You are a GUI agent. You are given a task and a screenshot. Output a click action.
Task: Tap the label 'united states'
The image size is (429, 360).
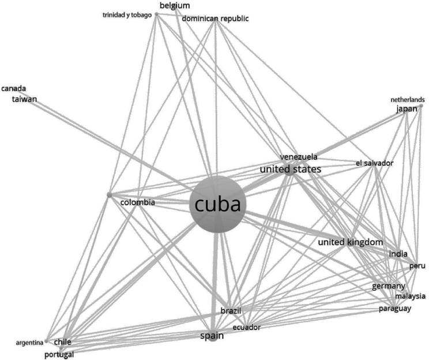(x=290, y=169)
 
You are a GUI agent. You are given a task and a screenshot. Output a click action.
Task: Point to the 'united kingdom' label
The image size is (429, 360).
(x=351, y=242)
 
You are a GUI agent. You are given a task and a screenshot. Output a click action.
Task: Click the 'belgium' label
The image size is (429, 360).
(x=175, y=6)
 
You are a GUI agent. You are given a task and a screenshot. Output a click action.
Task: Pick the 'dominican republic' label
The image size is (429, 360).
(x=215, y=19)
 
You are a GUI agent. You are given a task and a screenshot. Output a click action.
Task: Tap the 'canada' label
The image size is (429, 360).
(x=14, y=89)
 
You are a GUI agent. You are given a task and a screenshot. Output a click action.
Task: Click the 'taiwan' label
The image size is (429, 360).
(x=25, y=99)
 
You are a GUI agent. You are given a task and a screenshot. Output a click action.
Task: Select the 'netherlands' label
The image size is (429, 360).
(x=407, y=99)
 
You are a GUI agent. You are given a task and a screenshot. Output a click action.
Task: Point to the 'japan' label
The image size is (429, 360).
(x=407, y=109)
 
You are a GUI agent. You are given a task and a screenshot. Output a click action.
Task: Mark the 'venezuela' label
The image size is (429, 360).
(x=299, y=157)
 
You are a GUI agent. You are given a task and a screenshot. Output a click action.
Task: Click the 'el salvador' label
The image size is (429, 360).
(x=375, y=164)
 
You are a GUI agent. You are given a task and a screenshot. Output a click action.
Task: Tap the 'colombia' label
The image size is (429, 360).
(x=137, y=202)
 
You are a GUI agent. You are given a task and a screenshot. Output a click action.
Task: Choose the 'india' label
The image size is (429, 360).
(x=398, y=254)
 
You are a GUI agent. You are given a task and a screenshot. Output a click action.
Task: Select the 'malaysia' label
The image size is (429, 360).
(x=410, y=297)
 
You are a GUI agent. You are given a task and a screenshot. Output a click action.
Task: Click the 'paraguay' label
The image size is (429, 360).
(x=395, y=309)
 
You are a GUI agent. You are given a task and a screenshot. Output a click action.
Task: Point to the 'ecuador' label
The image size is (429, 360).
(x=246, y=328)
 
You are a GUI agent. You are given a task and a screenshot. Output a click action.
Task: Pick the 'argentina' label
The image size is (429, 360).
(x=29, y=342)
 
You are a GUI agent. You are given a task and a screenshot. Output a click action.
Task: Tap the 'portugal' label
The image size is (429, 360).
(x=59, y=354)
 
